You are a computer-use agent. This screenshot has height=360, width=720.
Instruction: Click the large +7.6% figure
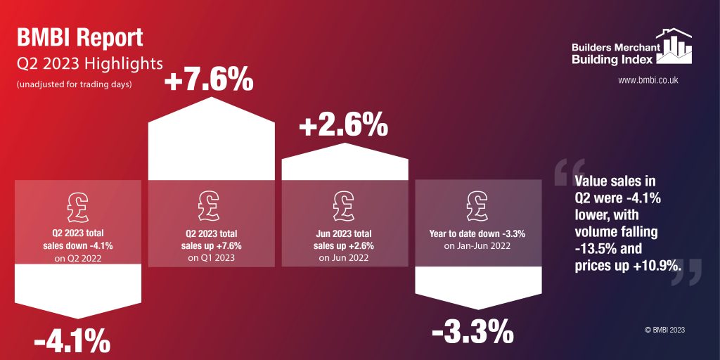coord(208,81)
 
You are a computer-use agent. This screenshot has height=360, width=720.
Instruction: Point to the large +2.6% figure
coord(343,127)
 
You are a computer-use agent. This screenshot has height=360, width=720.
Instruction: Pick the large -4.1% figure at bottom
coord(72,342)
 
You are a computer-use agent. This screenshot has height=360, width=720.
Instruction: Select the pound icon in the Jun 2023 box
coord(344,204)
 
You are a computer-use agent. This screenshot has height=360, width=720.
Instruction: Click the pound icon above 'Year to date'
coord(477,204)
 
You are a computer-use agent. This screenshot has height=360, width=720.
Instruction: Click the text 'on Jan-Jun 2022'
coord(477,245)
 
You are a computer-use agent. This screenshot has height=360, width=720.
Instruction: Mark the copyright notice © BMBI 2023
coord(664,329)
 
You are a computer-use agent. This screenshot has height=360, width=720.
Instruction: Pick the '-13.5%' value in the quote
coord(589,248)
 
